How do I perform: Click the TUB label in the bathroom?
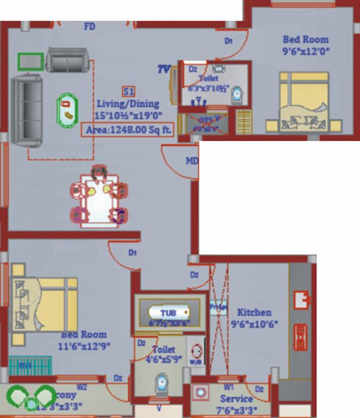(168, 312)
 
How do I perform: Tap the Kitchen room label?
(254, 312)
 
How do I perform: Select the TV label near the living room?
(164, 69)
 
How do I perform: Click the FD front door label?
(90, 27)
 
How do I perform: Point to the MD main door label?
(192, 161)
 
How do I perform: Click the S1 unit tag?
(129, 91)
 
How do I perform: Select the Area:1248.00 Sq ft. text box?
(127, 130)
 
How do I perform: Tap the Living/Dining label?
(128, 103)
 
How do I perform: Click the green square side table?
(30, 62)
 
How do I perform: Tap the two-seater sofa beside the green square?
(66, 60)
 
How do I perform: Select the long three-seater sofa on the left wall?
(26, 112)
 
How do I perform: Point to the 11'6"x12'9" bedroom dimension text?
(84, 346)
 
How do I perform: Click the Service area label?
(237, 399)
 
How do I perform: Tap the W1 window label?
(228, 388)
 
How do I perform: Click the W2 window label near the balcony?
(82, 388)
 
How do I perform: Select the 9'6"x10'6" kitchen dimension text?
(254, 324)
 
